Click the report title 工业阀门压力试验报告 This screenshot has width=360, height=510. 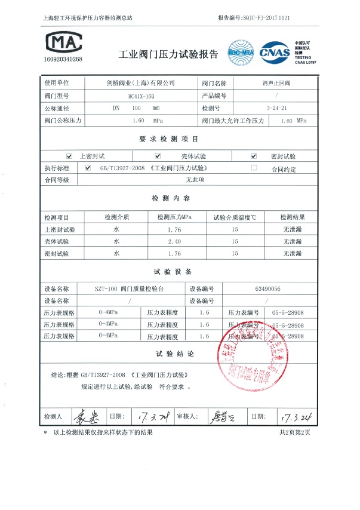point(169,54)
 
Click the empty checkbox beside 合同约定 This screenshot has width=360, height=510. point(254,168)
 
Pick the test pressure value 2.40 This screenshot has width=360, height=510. point(173,241)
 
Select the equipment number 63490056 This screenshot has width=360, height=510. point(267,288)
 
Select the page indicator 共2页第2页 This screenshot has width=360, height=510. point(295,432)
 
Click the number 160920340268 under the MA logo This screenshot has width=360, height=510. point(63,60)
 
